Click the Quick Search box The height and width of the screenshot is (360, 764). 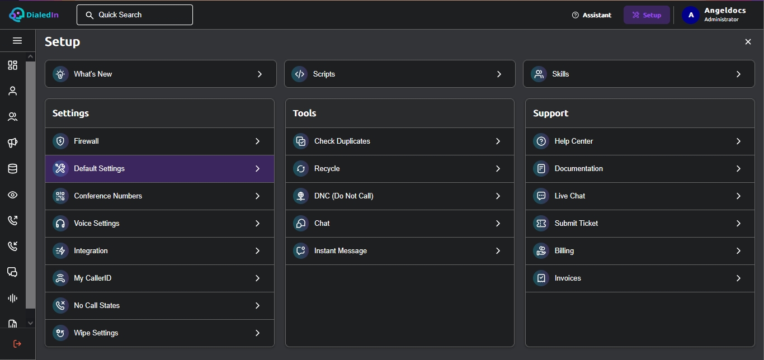click(135, 15)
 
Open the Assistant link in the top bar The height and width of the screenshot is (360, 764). click(592, 15)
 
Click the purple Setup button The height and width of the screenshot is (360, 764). click(647, 15)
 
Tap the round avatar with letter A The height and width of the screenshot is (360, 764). click(691, 15)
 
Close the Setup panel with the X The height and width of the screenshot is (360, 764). click(748, 41)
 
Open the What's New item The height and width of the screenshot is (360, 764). click(161, 74)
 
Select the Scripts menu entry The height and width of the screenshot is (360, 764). click(400, 74)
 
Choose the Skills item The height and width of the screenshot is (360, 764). click(639, 74)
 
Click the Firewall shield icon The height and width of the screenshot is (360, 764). click(60, 141)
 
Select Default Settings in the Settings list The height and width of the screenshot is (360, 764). click(159, 169)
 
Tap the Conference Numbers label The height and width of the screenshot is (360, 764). click(108, 196)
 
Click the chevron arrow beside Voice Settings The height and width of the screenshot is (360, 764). click(257, 223)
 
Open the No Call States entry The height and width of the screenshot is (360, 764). click(159, 305)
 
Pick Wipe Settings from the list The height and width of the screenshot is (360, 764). click(159, 333)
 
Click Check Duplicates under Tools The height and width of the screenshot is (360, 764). click(400, 141)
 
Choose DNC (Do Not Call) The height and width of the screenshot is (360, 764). click(400, 196)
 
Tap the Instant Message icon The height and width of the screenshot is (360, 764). click(301, 251)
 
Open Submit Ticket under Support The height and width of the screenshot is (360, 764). click(640, 223)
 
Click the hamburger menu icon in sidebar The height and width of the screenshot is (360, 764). click(17, 41)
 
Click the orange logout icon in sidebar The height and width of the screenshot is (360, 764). click(17, 344)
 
